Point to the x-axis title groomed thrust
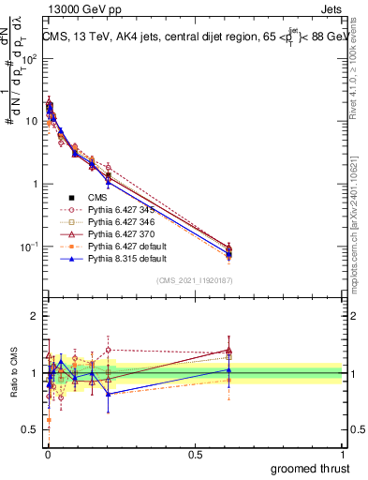311,467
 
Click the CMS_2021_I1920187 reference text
195,280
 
